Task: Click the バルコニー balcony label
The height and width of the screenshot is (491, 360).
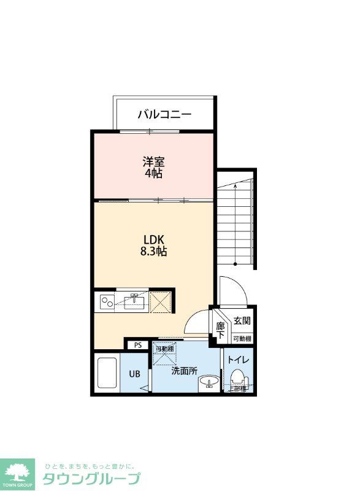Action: pos(164,114)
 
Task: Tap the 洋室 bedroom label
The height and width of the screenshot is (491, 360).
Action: pos(153,162)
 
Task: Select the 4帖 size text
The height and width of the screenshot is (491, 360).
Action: pos(153,174)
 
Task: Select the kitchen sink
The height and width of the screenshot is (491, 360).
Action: pos(134,301)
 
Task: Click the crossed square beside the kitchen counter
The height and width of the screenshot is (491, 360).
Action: pos(162,301)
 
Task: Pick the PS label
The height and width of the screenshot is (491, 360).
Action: pos(138,345)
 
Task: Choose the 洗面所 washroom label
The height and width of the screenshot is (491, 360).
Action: pos(184,371)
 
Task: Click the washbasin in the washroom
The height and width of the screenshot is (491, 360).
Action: pos(209,382)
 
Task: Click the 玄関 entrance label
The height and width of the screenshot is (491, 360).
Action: pos(241,321)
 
